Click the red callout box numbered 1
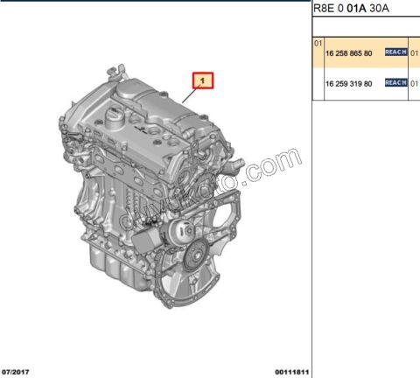coord(203,81)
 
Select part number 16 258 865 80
coord(349,53)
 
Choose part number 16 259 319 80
coord(349,82)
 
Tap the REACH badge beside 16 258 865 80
coord(395,53)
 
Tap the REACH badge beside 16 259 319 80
coord(395,82)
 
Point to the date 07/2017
coord(17,371)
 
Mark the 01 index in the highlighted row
coord(318,42)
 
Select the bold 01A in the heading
coord(356,9)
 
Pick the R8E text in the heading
coord(324,9)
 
